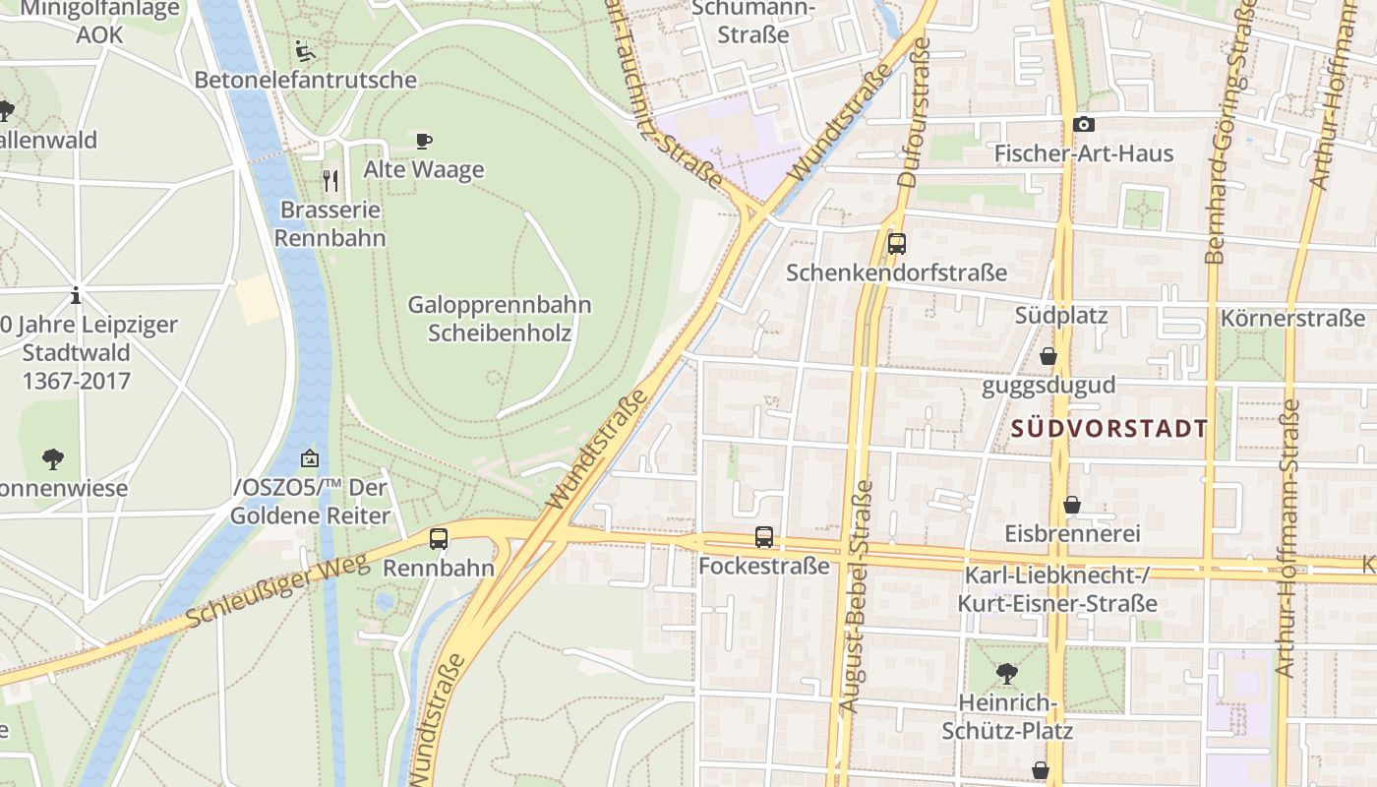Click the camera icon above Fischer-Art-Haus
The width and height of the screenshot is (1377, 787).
1083,124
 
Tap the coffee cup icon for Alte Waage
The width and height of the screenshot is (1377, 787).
424,141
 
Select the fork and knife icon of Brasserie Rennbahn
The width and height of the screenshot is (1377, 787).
330,181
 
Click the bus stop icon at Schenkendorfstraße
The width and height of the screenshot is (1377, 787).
896,244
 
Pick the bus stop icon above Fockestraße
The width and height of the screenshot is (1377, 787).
764,537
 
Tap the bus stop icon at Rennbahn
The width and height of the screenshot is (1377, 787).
439,539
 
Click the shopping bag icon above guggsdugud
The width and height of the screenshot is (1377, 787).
1048,356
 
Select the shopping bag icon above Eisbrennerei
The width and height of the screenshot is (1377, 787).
1072,505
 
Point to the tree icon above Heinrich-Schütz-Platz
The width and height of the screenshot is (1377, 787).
1006,674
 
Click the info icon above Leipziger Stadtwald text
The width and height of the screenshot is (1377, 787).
76,295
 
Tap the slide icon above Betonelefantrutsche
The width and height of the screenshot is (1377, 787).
305,50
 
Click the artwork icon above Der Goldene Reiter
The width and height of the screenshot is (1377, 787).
310,457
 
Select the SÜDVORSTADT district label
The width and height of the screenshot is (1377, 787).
1108,429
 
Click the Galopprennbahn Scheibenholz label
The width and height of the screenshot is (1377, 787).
500,319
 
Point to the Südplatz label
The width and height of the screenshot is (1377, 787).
1061,316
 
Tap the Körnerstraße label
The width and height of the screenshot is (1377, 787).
1292,319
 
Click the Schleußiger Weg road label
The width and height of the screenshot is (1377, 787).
276,589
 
